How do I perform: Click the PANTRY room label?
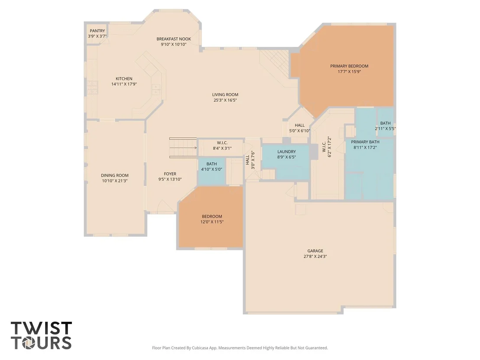pyautogui.click(x=97, y=31)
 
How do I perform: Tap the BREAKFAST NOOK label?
pyautogui.click(x=174, y=39)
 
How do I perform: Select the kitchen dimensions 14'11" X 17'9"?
pyautogui.click(x=124, y=84)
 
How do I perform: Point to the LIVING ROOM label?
pyautogui.click(x=225, y=94)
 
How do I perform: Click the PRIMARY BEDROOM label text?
pyautogui.click(x=349, y=66)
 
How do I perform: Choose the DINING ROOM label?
pyautogui.click(x=115, y=175)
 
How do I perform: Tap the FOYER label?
pyautogui.click(x=170, y=174)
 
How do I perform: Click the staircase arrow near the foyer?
pyautogui.click(x=183, y=148)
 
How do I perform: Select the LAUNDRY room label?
pyautogui.click(x=286, y=152)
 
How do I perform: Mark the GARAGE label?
pyautogui.click(x=315, y=251)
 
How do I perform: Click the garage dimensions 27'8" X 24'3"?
pyautogui.click(x=315, y=256)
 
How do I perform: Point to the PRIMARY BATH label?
pyautogui.click(x=365, y=142)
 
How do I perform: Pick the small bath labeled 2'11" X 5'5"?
pyautogui.click(x=386, y=126)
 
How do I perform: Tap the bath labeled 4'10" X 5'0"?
pyautogui.click(x=211, y=166)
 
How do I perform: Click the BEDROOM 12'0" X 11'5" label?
pyautogui.click(x=212, y=219)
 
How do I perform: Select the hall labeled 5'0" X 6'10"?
pyautogui.click(x=300, y=128)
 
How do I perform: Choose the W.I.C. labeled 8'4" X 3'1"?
pyautogui.click(x=222, y=146)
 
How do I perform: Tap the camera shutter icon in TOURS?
pyautogui.click(x=28, y=343)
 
